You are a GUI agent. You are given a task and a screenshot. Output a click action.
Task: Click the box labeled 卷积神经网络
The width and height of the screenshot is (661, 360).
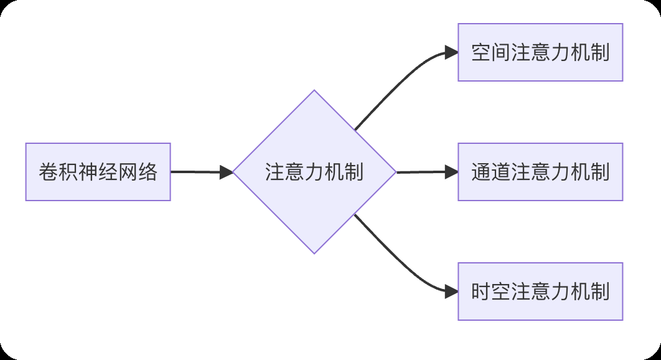[98, 172]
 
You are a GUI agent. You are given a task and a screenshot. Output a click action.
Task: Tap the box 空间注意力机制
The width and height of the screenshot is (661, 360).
[540, 52]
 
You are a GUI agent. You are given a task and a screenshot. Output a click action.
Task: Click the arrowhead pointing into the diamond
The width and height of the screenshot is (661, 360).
[227, 172]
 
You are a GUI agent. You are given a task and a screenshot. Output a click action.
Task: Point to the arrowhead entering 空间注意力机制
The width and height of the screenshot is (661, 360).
[452, 53]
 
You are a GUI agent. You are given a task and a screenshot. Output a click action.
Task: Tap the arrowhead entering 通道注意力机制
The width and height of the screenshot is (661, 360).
[452, 172]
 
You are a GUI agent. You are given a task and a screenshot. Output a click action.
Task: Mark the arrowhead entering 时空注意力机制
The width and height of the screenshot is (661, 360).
[452, 291]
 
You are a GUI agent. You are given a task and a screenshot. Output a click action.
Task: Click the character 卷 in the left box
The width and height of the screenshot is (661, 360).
[47, 172]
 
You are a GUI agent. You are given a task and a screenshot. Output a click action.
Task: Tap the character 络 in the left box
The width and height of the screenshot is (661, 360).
[148, 172]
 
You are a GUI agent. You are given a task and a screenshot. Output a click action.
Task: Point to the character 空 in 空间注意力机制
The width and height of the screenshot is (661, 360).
[480, 52]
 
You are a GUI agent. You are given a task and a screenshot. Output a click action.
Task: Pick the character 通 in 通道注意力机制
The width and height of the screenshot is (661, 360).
[480, 172]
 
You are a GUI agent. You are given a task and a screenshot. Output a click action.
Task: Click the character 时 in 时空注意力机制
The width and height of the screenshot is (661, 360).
[480, 291]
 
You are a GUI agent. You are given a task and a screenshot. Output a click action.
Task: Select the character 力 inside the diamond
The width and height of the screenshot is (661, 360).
[314, 172]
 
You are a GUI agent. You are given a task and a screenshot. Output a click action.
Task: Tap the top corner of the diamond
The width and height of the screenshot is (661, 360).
[314, 92]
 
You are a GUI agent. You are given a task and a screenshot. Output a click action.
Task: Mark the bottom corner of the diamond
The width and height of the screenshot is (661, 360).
[314, 252]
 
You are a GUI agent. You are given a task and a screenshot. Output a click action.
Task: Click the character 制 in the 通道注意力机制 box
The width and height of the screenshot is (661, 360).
[600, 172]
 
